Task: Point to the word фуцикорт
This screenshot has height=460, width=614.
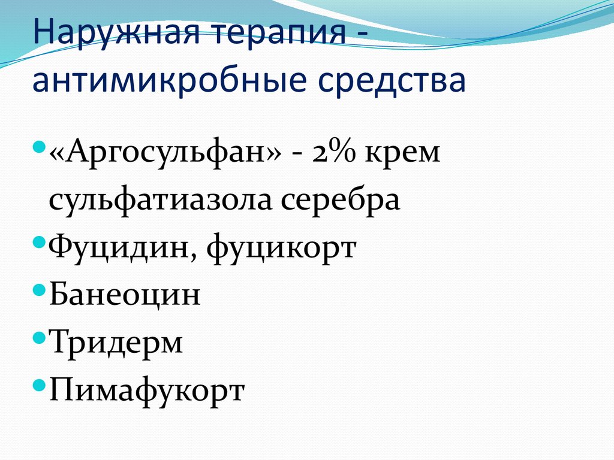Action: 281,249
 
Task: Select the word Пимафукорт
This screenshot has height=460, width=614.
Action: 147,391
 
